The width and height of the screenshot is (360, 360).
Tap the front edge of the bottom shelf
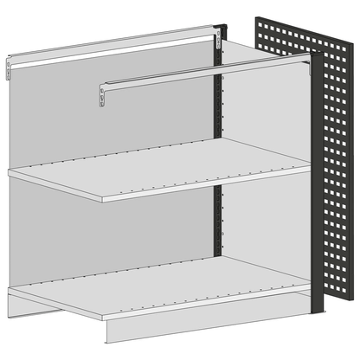(x=208, y=304)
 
